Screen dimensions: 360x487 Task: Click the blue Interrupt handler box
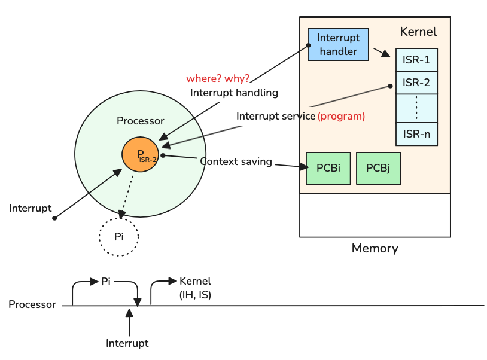pyautogui.click(x=338, y=44)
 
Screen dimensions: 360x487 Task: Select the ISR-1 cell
pyautogui.click(x=416, y=60)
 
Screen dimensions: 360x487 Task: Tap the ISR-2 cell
pyautogui.click(x=416, y=83)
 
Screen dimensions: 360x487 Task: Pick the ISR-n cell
pyautogui.click(x=416, y=134)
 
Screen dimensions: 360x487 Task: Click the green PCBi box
pyautogui.click(x=328, y=168)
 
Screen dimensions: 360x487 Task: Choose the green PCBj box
pyautogui.click(x=378, y=168)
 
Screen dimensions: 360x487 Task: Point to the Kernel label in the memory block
pyautogui.click(x=418, y=32)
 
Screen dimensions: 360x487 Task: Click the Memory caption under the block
pyautogui.click(x=375, y=248)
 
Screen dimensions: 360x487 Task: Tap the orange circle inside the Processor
pyautogui.click(x=140, y=154)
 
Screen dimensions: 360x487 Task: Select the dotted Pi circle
pyautogui.click(x=118, y=237)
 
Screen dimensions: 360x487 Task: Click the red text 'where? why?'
pyautogui.click(x=218, y=79)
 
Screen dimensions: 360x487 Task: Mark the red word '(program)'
pyautogui.click(x=341, y=116)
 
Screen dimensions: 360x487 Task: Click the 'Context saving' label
pyautogui.click(x=236, y=161)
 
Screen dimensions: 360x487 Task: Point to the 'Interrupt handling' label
pyautogui.click(x=234, y=93)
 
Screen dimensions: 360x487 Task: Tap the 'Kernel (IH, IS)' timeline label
pyautogui.click(x=195, y=288)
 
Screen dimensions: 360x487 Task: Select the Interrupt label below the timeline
pyautogui.click(x=127, y=343)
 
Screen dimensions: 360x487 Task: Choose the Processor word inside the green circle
pyautogui.click(x=140, y=121)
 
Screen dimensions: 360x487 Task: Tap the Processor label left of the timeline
pyautogui.click(x=32, y=304)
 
